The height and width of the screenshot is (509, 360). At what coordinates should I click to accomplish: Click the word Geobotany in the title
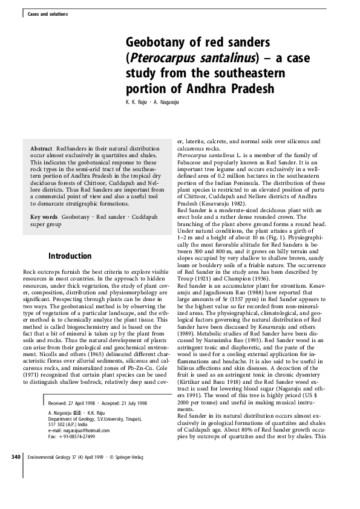click(154, 43)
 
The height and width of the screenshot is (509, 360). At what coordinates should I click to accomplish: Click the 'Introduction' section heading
click(70, 256)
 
